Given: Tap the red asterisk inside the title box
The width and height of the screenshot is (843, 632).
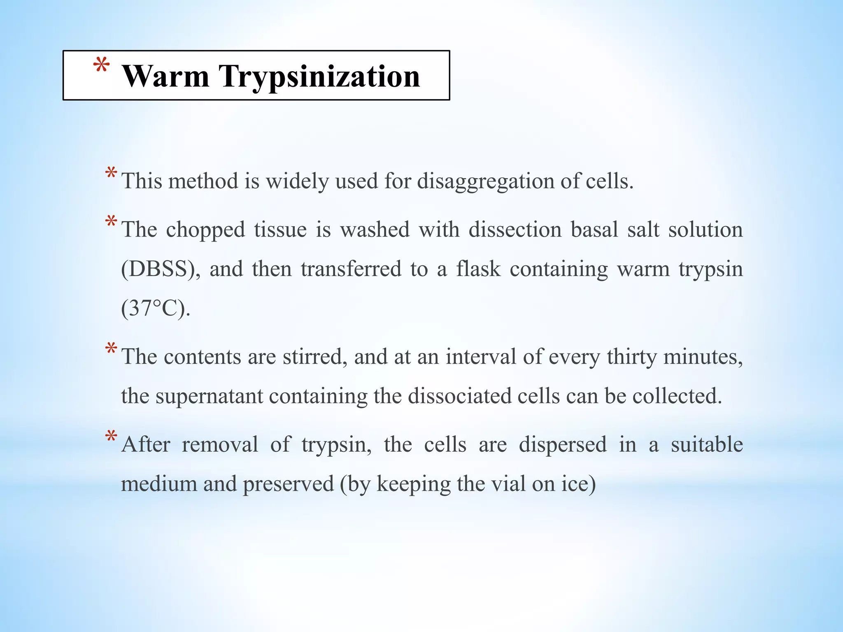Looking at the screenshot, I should pos(101,66).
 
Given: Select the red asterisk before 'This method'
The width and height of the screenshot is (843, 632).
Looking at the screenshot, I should pos(111,173).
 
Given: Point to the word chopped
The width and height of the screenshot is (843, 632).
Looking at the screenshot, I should pos(205,230).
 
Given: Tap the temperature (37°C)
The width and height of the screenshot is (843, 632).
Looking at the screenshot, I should pos(156,308).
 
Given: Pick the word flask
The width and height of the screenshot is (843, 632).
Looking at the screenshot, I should pos(478,269).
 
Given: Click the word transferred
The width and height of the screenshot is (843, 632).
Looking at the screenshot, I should pos(351,269).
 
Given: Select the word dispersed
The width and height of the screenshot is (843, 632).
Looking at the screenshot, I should pos(563,444).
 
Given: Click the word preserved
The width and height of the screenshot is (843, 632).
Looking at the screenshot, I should pos(288,484).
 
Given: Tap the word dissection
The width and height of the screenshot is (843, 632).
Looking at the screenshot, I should pos(515,230).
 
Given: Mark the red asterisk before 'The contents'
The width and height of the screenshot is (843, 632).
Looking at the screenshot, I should pos(111,349).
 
